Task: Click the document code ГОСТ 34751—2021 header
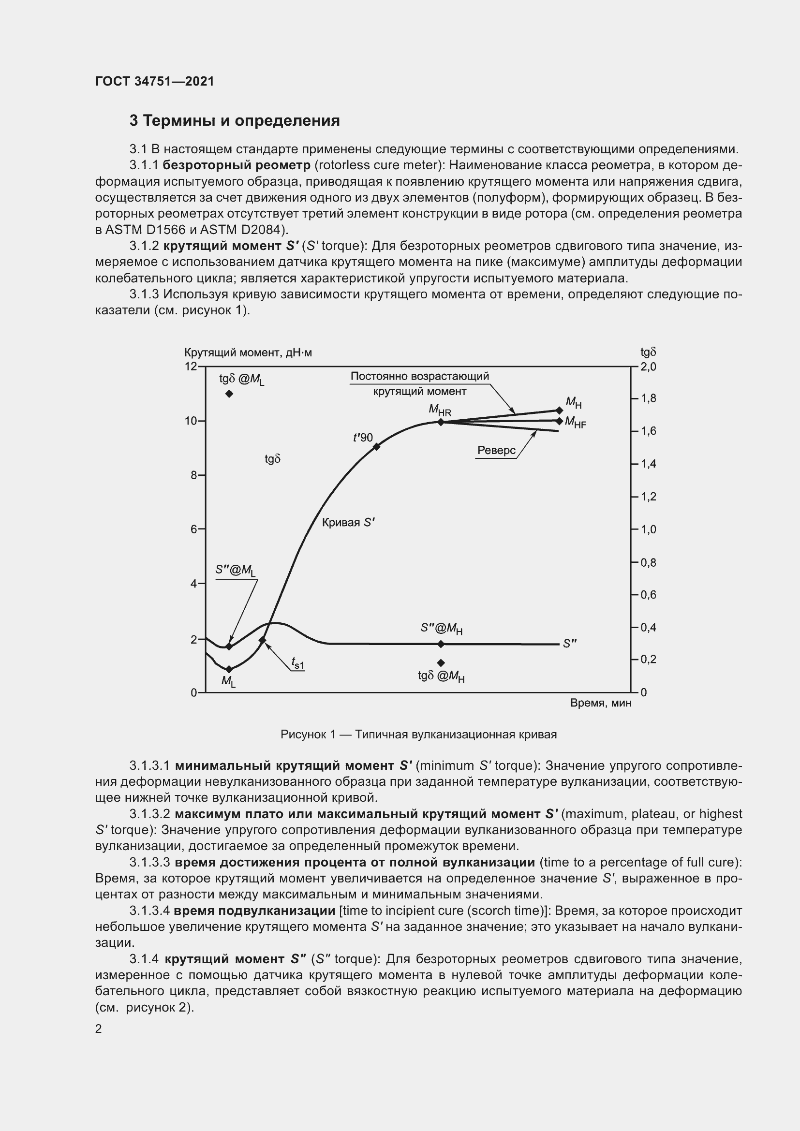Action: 155,81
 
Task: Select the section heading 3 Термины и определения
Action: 235,121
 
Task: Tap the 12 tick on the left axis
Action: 191,367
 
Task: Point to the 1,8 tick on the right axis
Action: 649,398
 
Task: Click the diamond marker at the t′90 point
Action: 376,447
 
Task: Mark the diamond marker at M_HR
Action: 441,422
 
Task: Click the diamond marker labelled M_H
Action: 559,411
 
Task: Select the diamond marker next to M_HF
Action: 559,421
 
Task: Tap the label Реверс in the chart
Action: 497,450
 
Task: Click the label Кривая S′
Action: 348,523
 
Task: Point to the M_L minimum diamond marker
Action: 229,669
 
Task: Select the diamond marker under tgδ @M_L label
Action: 229,394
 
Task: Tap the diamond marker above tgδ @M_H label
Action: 441,663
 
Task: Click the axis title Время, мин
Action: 601,703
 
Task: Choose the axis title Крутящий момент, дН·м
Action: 248,353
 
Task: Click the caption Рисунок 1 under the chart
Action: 418,734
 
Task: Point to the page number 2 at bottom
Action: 99,1029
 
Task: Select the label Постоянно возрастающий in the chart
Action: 420,376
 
